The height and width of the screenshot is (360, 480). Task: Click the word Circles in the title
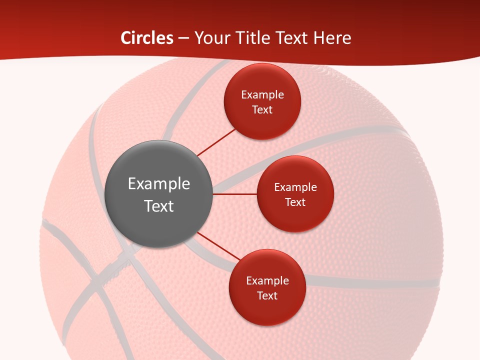[x=146, y=38]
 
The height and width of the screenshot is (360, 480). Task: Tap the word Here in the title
[x=332, y=38]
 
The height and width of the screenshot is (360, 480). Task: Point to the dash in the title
[x=183, y=38]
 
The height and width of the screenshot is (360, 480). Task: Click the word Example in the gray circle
[x=159, y=184]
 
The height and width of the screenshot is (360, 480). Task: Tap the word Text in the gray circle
[x=159, y=206]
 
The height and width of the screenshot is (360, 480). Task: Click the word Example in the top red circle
[x=262, y=95]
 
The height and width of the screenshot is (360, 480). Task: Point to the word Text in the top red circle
[x=262, y=110]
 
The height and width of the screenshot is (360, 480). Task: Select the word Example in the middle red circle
[x=295, y=187]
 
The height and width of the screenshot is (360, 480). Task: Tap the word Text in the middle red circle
[x=295, y=202]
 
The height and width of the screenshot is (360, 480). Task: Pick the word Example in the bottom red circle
[x=267, y=281]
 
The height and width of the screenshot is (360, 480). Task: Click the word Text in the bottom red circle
[x=267, y=296]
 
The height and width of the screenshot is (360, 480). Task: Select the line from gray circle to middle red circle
[x=235, y=194]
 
